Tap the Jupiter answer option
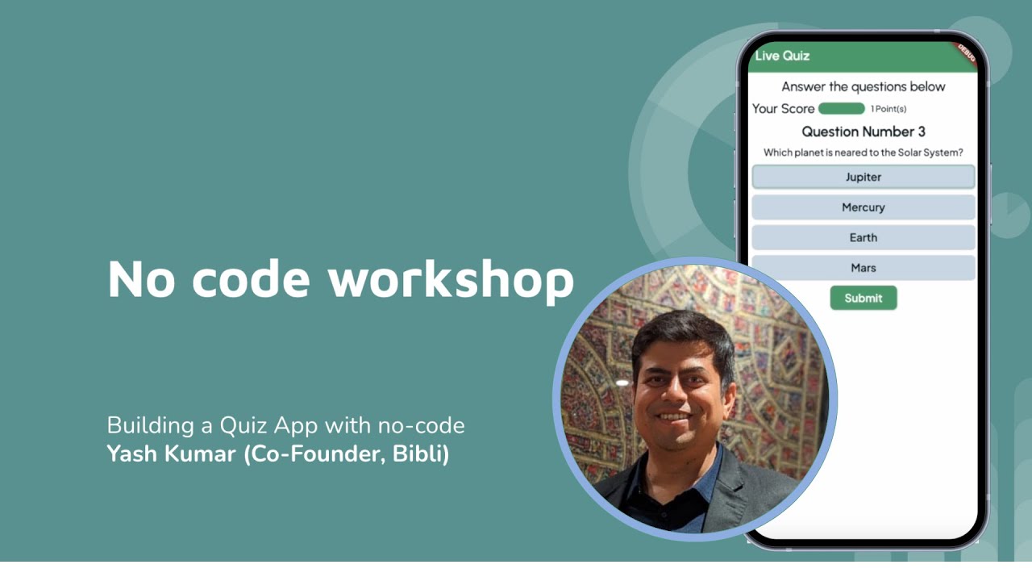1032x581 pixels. [863, 177]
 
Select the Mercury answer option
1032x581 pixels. [863, 207]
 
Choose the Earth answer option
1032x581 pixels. [863, 237]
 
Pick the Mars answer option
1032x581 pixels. [863, 268]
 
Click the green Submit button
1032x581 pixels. [863, 298]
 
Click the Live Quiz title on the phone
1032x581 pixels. [782, 56]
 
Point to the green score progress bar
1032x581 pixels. [841, 108]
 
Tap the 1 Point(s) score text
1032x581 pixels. [888, 109]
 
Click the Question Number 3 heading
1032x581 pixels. [863, 132]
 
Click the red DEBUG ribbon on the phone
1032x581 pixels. [965, 53]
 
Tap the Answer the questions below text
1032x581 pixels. [863, 86]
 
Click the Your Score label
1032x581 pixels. [783, 108]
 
